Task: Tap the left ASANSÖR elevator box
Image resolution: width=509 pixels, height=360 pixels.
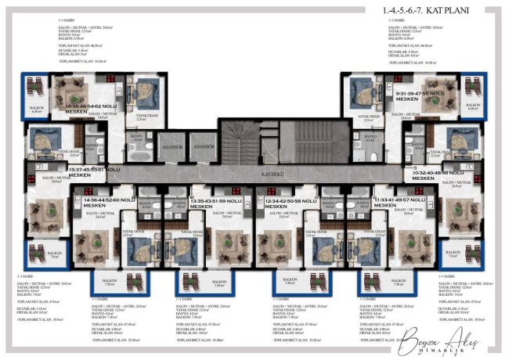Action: coord(171,146)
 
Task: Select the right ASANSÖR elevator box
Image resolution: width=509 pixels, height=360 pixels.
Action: coord(203,146)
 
